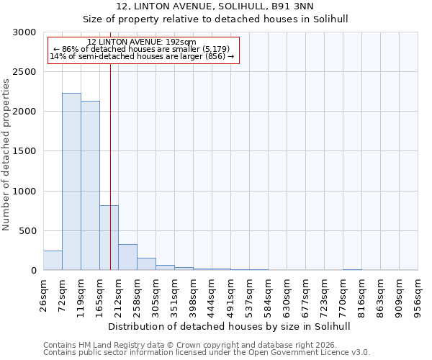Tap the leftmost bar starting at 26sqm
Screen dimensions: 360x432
[x=53, y=261]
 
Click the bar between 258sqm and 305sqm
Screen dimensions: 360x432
[x=146, y=264]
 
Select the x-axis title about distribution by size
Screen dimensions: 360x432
[x=230, y=326]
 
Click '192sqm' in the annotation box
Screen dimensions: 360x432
[x=180, y=42]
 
